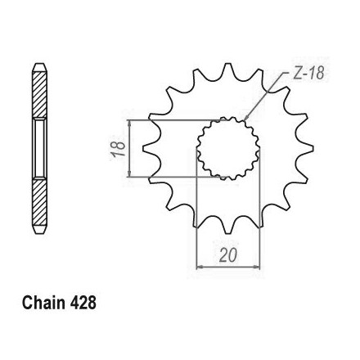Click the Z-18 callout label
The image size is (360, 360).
click(x=308, y=73)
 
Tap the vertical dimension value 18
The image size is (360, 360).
click(x=118, y=149)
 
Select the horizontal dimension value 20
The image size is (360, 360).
click(x=228, y=255)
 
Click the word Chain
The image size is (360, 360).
click(x=43, y=303)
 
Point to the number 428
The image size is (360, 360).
click(x=83, y=303)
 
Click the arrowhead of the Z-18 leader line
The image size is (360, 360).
click(x=245, y=118)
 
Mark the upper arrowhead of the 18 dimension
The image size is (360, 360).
click(x=130, y=123)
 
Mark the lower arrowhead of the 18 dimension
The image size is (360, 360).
click(x=130, y=174)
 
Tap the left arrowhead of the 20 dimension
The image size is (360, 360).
click(x=200, y=267)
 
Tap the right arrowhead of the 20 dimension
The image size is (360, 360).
click(x=256, y=267)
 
